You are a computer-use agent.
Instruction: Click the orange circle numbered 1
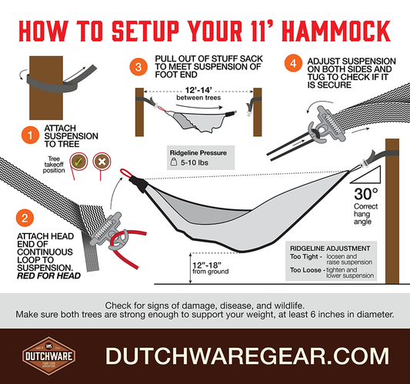30,135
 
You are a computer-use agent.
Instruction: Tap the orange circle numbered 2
25,218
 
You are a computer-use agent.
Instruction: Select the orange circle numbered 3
138,67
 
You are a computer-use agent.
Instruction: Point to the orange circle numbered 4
293,63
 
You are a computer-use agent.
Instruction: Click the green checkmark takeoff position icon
78,162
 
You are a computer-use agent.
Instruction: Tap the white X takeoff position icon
102,162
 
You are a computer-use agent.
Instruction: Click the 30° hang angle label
366,194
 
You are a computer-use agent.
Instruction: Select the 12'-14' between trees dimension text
198,94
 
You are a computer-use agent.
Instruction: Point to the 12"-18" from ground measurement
210,268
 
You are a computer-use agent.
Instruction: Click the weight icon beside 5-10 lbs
174,162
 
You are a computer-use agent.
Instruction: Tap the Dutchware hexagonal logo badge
49,356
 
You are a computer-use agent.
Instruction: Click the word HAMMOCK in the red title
337,31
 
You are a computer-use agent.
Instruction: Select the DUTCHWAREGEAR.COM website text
247,356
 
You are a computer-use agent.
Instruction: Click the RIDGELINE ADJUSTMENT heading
330,249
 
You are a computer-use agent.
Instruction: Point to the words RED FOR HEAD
49,275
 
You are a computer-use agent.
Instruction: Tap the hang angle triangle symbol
366,175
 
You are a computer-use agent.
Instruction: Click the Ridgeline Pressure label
198,153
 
